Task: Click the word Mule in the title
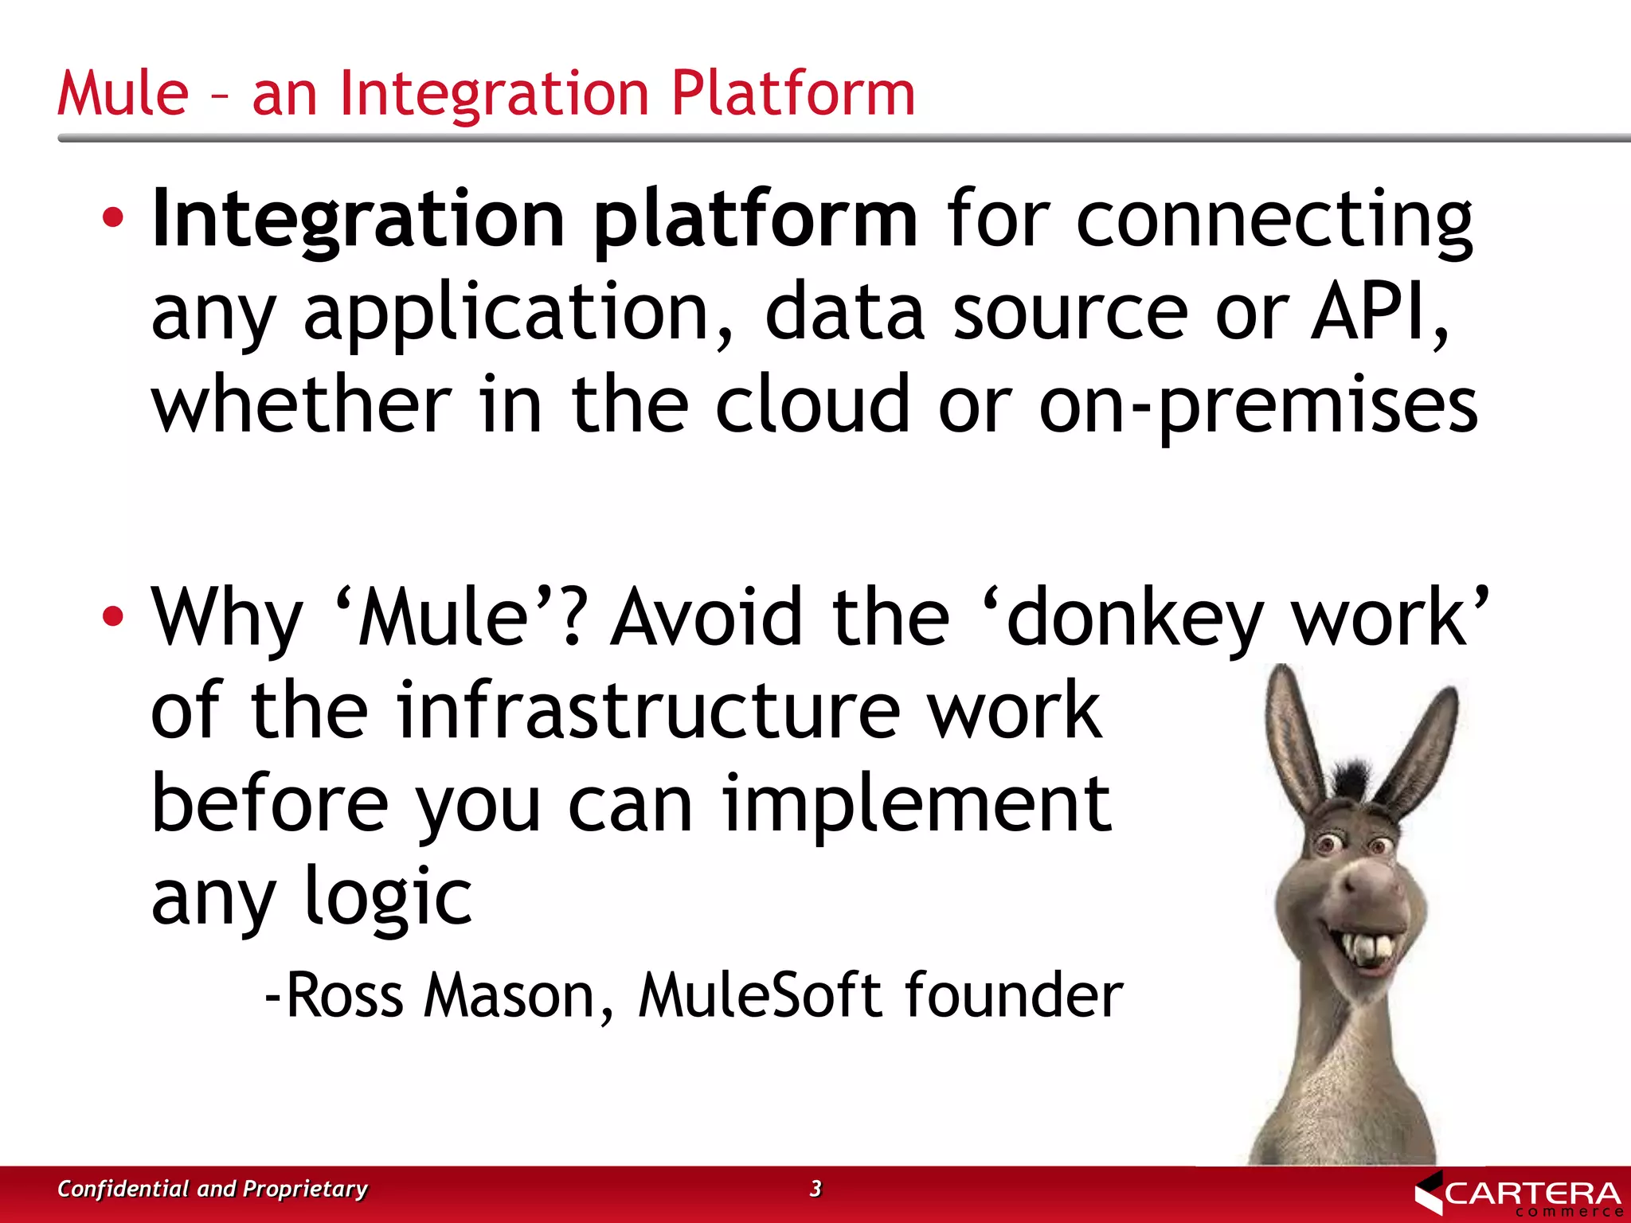pyautogui.click(x=123, y=93)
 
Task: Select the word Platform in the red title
pyautogui.click(x=793, y=93)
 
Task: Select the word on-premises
pyautogui.click(x=1258, y=406)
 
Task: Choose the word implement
pyautogui.click(x=916, y=804)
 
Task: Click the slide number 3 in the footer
pyautogui.click(x=815, y=1188)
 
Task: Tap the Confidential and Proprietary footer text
pyautogui.click(x=212, y=1189)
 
